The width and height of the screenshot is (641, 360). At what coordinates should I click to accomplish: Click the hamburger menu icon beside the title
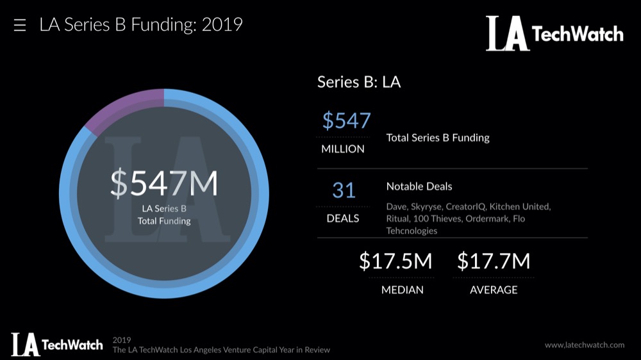pos(20,26)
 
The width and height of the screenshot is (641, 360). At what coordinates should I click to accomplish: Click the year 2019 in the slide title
pos(222,25)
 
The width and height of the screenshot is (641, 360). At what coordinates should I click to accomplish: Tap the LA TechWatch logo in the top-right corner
pos(554,33)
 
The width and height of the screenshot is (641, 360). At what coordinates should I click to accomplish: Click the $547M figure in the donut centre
pos(164,184)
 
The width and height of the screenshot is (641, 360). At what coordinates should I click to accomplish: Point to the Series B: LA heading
pos(359,82)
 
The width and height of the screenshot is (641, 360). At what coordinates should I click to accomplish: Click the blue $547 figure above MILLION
pos(346,120)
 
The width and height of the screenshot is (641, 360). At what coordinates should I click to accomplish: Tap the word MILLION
pos(343,149)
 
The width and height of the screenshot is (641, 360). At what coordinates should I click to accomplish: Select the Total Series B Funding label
pos(438,137)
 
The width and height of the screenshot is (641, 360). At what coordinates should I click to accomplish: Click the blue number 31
pos(344,190)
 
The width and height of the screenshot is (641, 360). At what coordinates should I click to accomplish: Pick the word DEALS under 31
pos(343,218)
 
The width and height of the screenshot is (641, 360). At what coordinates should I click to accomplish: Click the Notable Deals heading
pos(419,186)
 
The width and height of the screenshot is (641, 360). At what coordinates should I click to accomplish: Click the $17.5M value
pos(395,261)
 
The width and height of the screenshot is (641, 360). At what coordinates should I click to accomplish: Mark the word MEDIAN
pos(402,290)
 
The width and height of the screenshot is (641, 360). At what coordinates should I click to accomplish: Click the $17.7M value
pos(494,261)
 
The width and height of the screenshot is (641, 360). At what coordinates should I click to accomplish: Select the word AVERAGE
pos(494,290)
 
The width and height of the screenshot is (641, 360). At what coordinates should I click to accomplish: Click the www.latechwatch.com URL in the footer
pos(585,345)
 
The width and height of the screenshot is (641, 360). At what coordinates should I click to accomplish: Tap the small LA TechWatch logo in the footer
pos(56,345)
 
